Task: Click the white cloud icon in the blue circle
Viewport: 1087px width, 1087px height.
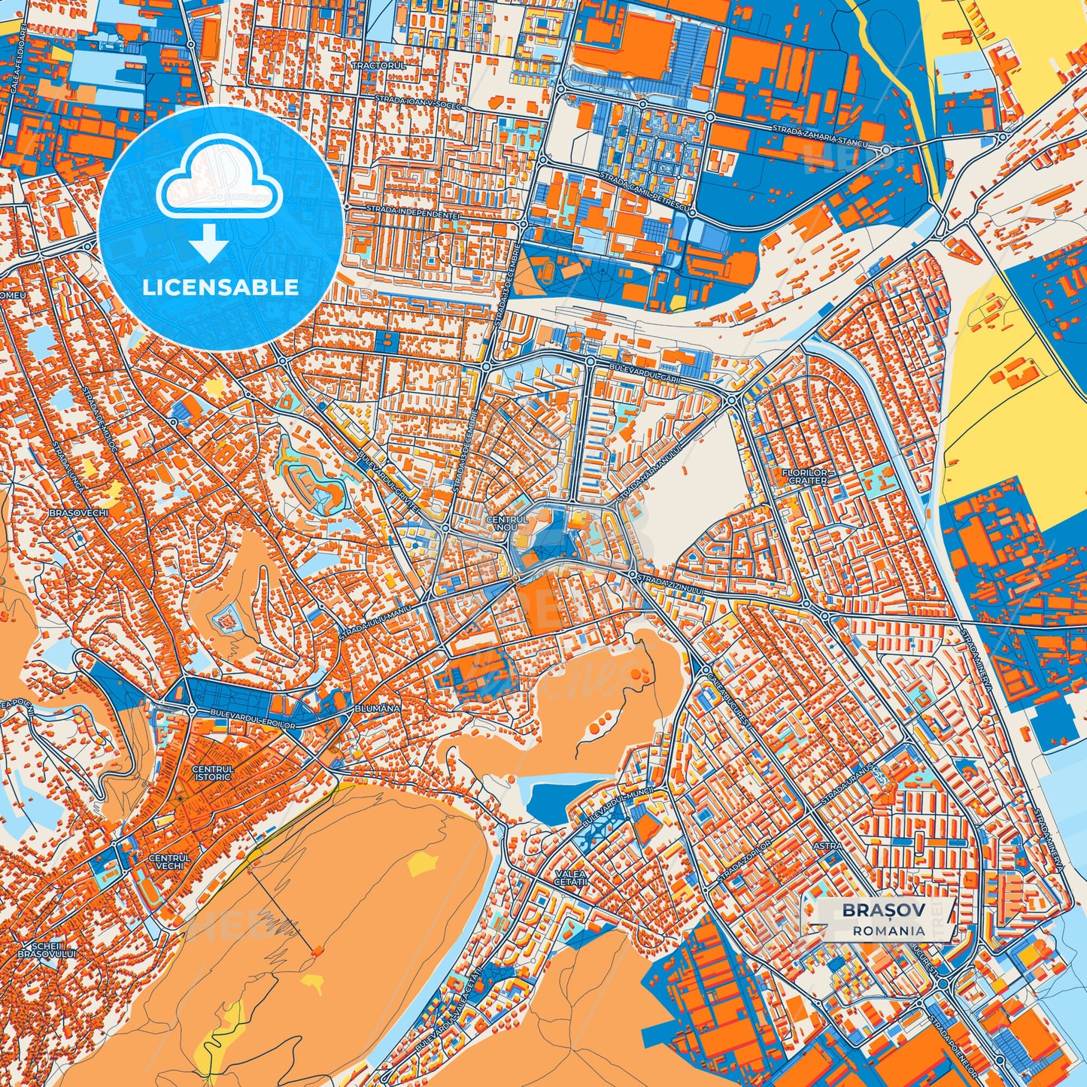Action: click(x=219, y=184)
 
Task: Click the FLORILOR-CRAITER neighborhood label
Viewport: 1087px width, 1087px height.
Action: click(x=807, y=476)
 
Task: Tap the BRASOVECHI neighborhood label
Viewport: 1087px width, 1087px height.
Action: click(x=78, y=512)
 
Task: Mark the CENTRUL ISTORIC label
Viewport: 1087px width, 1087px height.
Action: click(x=212, y=773)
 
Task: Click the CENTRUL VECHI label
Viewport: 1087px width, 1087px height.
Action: click(x=170, y=861)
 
